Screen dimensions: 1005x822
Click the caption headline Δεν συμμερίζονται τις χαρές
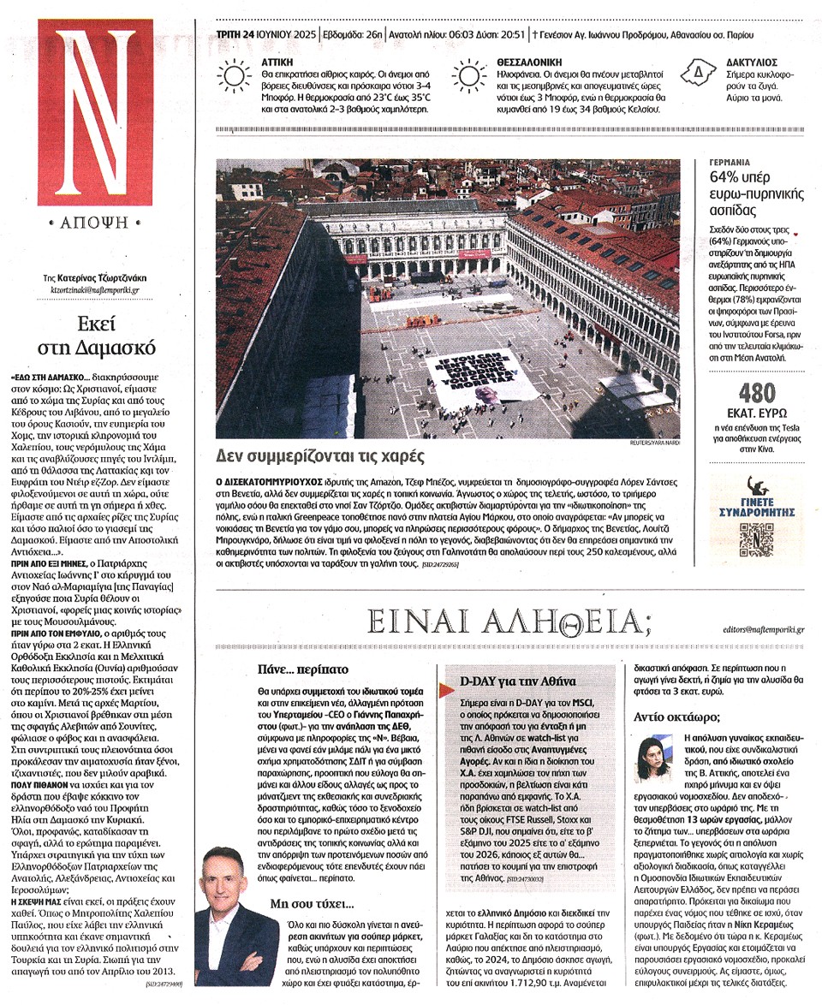coord(320,456)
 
